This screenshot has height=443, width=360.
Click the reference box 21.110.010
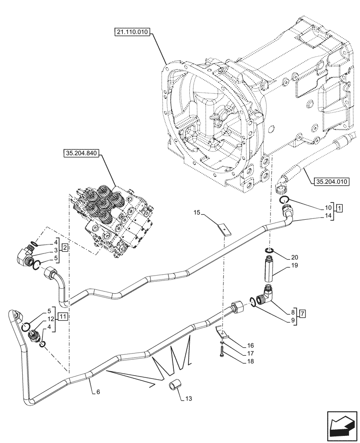tap(133, 32)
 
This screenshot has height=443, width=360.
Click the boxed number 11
tap(63, 317)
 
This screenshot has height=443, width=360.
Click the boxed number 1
tap(339, 208)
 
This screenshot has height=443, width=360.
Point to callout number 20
tap(295, 257)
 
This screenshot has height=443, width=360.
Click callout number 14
tap(328, 216)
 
